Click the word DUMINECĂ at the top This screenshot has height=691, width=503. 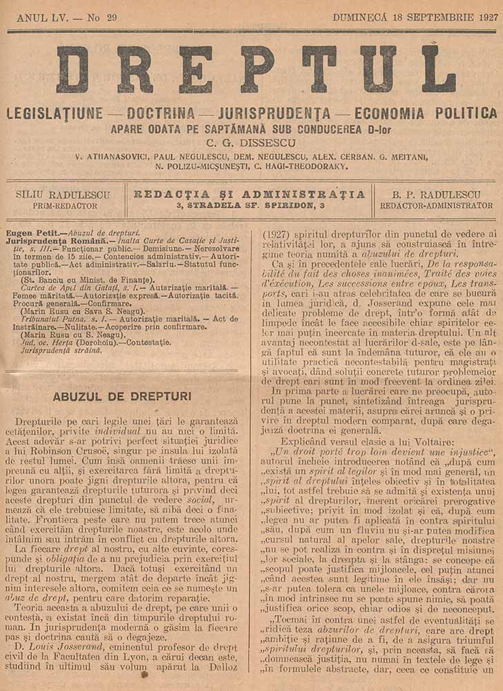363,17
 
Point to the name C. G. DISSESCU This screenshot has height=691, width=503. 252,143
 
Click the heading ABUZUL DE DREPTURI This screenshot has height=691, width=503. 122,396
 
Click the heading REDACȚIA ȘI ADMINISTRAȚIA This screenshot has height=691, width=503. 249,193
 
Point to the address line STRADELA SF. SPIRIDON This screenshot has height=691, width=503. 249,205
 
